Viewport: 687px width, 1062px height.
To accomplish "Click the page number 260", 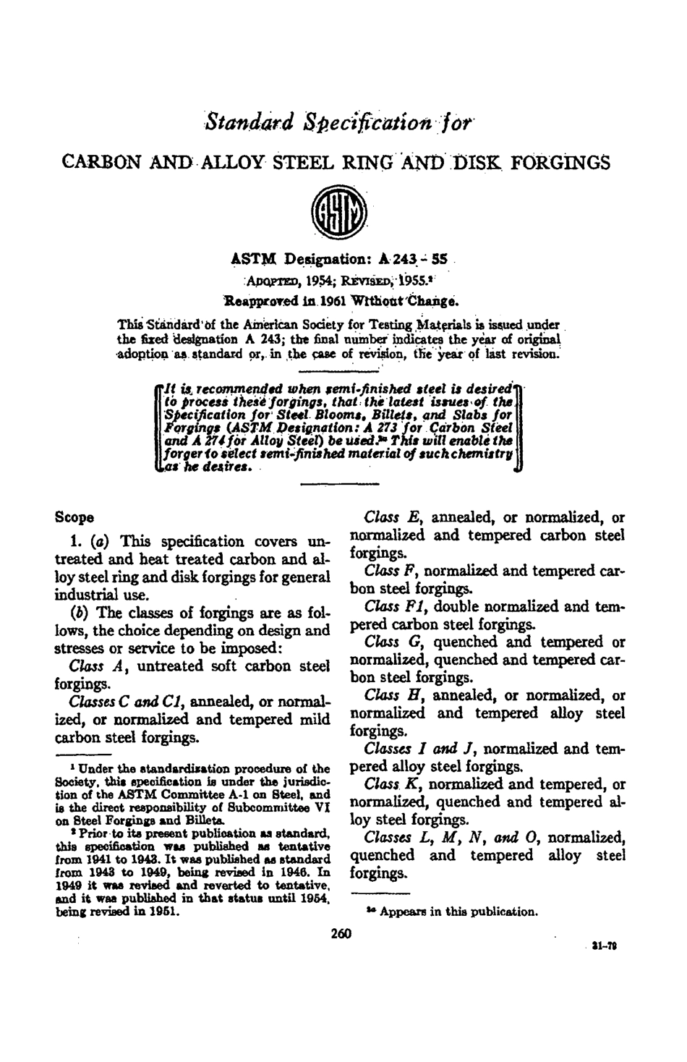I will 340,934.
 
